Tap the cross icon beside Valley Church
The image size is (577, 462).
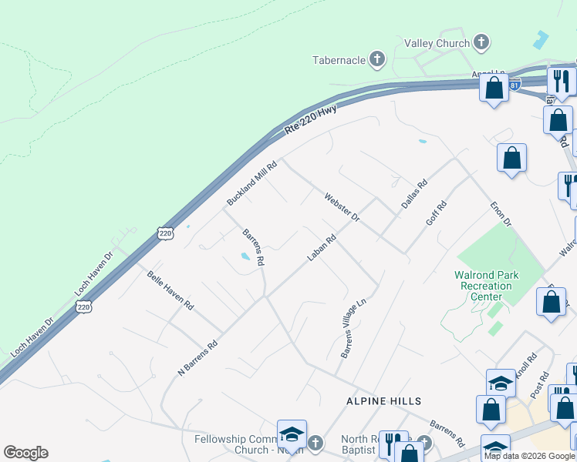(481, 43)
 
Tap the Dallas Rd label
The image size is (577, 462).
(414, 195)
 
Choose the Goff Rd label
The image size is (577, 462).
(437, 213)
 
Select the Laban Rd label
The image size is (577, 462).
(322, 248)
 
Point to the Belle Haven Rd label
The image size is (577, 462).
(170, 290)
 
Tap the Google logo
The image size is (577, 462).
(25, 453)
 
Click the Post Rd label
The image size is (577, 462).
(543, 386)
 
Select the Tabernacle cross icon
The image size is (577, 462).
(377, 59)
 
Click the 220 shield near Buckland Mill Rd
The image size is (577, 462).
(164, 233)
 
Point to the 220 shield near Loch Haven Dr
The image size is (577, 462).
(84, 307)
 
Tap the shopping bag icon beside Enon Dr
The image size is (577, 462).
(511, 159)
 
